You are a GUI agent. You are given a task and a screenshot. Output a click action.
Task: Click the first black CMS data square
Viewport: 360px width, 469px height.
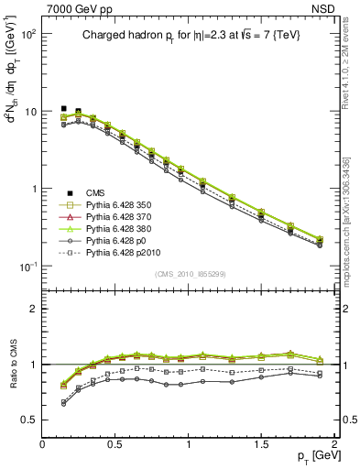point(63,108)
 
